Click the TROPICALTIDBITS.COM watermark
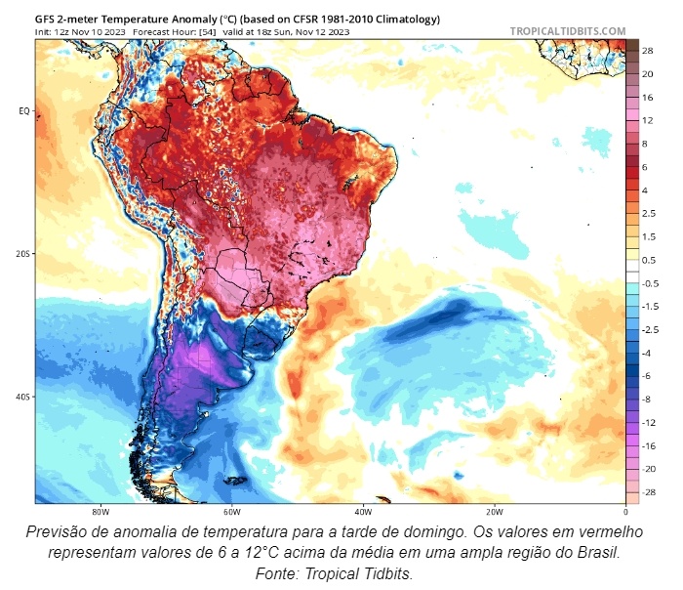coord(567,31)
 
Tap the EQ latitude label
coord(23,110)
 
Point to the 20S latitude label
coord(22,253)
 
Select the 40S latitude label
coord(22,397)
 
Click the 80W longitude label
coord(99,511)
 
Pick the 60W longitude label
coord(230,511)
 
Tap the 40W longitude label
coord(362,511)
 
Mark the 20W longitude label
coord(494,511)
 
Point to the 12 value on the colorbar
coord(647,120)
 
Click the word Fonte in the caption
coord(278,573)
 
